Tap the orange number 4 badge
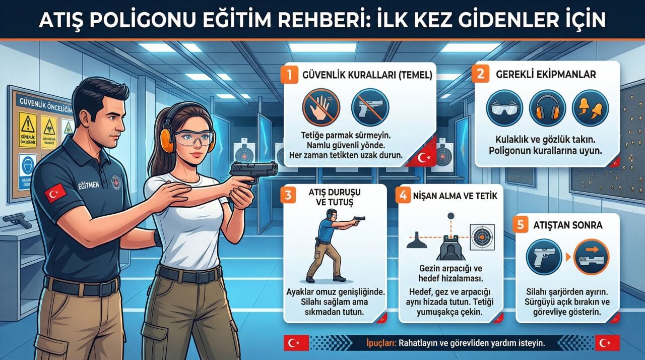pyautogui.click(x=403, y=195)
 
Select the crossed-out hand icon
pyautogui.click(x=321, y=107)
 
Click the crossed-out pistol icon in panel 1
pyautogui.click(x=369, y=107)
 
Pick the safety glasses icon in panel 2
pyautogui.click(x=505, y=108)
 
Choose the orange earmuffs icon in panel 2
pyautogui.click(x=547, y=108)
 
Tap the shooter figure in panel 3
pyautogui.click(x=330, y=247)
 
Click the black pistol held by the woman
pyautogui.click(x=255, y=170)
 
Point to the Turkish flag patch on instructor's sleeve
pyautogui.click(x=55, y=193)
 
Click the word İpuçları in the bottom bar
pyautogui.click(x=381, y=343)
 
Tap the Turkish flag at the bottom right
pyautogui.click(x=607, y=343)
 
